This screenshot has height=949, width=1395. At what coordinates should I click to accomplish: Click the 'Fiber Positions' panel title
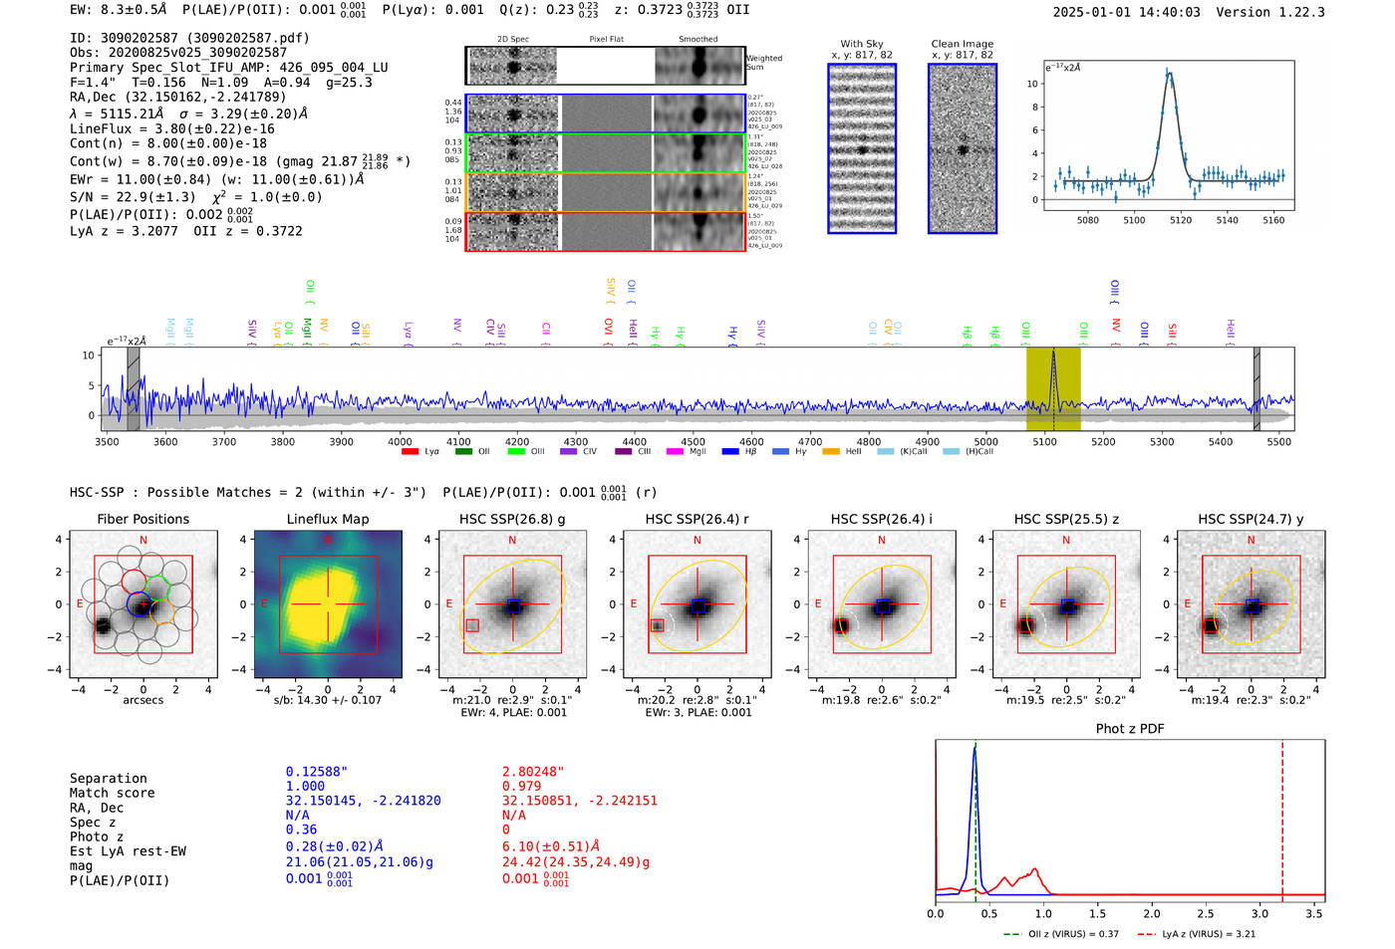click(142, 519)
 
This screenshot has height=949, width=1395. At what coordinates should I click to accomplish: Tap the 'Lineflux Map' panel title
click(327, 519)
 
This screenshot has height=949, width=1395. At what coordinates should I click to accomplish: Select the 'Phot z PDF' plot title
click(1129, 729)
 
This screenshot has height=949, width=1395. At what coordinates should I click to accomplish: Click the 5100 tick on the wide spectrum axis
click(1044, 441)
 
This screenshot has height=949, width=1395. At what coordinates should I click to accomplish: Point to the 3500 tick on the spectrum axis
click(107, 441)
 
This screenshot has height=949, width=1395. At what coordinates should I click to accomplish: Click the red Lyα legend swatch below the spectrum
click(410, 452)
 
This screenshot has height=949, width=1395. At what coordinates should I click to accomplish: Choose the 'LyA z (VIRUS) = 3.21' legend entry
click(1206, 934)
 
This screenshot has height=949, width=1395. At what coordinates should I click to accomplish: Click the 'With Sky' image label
click(862, 44)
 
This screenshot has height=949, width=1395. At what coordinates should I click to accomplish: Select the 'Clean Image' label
click(962, 44)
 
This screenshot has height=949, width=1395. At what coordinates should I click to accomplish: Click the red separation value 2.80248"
click(533, 772)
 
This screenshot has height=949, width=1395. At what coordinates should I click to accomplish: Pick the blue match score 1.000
click(305, 787)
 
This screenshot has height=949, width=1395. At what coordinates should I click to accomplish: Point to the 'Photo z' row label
click(97, 836)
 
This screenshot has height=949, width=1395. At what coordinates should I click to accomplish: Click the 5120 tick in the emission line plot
click(1181, 220)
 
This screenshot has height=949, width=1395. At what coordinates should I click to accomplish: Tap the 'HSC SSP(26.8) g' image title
click(512, 519)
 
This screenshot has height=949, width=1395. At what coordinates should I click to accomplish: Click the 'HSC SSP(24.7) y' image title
click(1251, 519)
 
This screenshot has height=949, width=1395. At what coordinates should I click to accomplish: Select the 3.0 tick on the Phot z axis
click(1259, 913)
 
